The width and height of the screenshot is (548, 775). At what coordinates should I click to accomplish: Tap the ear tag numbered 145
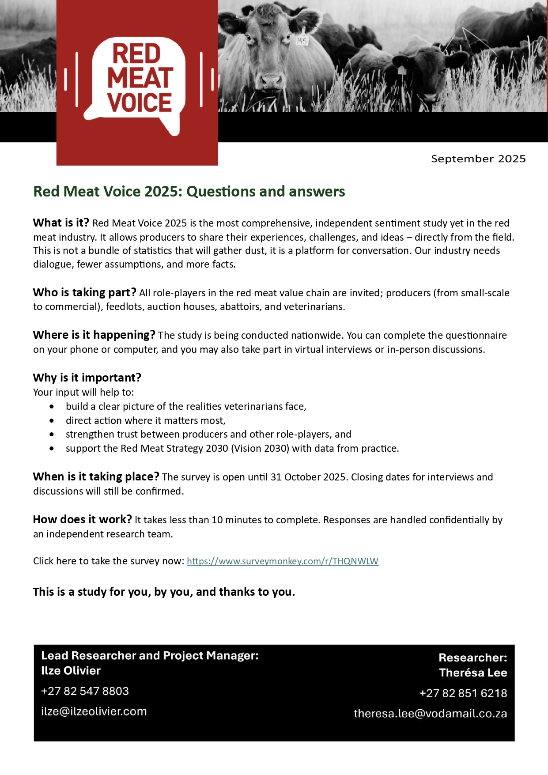(x=302, y=40)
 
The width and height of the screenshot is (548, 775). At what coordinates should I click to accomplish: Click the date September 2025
(x=478, y=159)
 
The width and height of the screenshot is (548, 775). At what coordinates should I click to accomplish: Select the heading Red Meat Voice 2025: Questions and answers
(x=189, y=192)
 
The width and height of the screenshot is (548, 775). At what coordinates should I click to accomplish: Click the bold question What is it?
(x=61, y=223)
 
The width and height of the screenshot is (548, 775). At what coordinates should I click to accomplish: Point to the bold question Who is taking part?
(x=84, y=292)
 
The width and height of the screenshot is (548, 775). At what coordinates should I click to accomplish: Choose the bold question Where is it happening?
(x=94, y=335)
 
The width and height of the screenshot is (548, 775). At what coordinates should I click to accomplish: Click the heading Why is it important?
(x=87, y=378)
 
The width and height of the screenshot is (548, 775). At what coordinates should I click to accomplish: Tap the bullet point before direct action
(x=53, y=420)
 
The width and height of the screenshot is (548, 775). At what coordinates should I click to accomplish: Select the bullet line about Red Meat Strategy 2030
(x=232, y=449)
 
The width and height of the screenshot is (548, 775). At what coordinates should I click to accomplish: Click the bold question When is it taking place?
(x=96, y=476)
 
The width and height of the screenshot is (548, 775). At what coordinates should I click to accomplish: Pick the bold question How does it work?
(x=82, y=519)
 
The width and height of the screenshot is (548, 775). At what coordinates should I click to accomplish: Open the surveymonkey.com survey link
(x=283, y=561)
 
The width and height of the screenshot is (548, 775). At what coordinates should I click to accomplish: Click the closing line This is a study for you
(x=164, y=592)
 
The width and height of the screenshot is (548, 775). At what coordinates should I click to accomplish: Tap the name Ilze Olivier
(x=71, y=671)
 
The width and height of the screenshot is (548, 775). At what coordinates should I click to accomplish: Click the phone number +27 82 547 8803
(x=85, y=691)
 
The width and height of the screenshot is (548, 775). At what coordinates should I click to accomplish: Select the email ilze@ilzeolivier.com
(x=94, y=711)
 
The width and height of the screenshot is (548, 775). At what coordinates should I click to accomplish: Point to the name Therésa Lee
(x=473, y=673)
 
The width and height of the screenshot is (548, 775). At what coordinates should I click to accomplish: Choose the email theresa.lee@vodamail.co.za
(x=430, y=714)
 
